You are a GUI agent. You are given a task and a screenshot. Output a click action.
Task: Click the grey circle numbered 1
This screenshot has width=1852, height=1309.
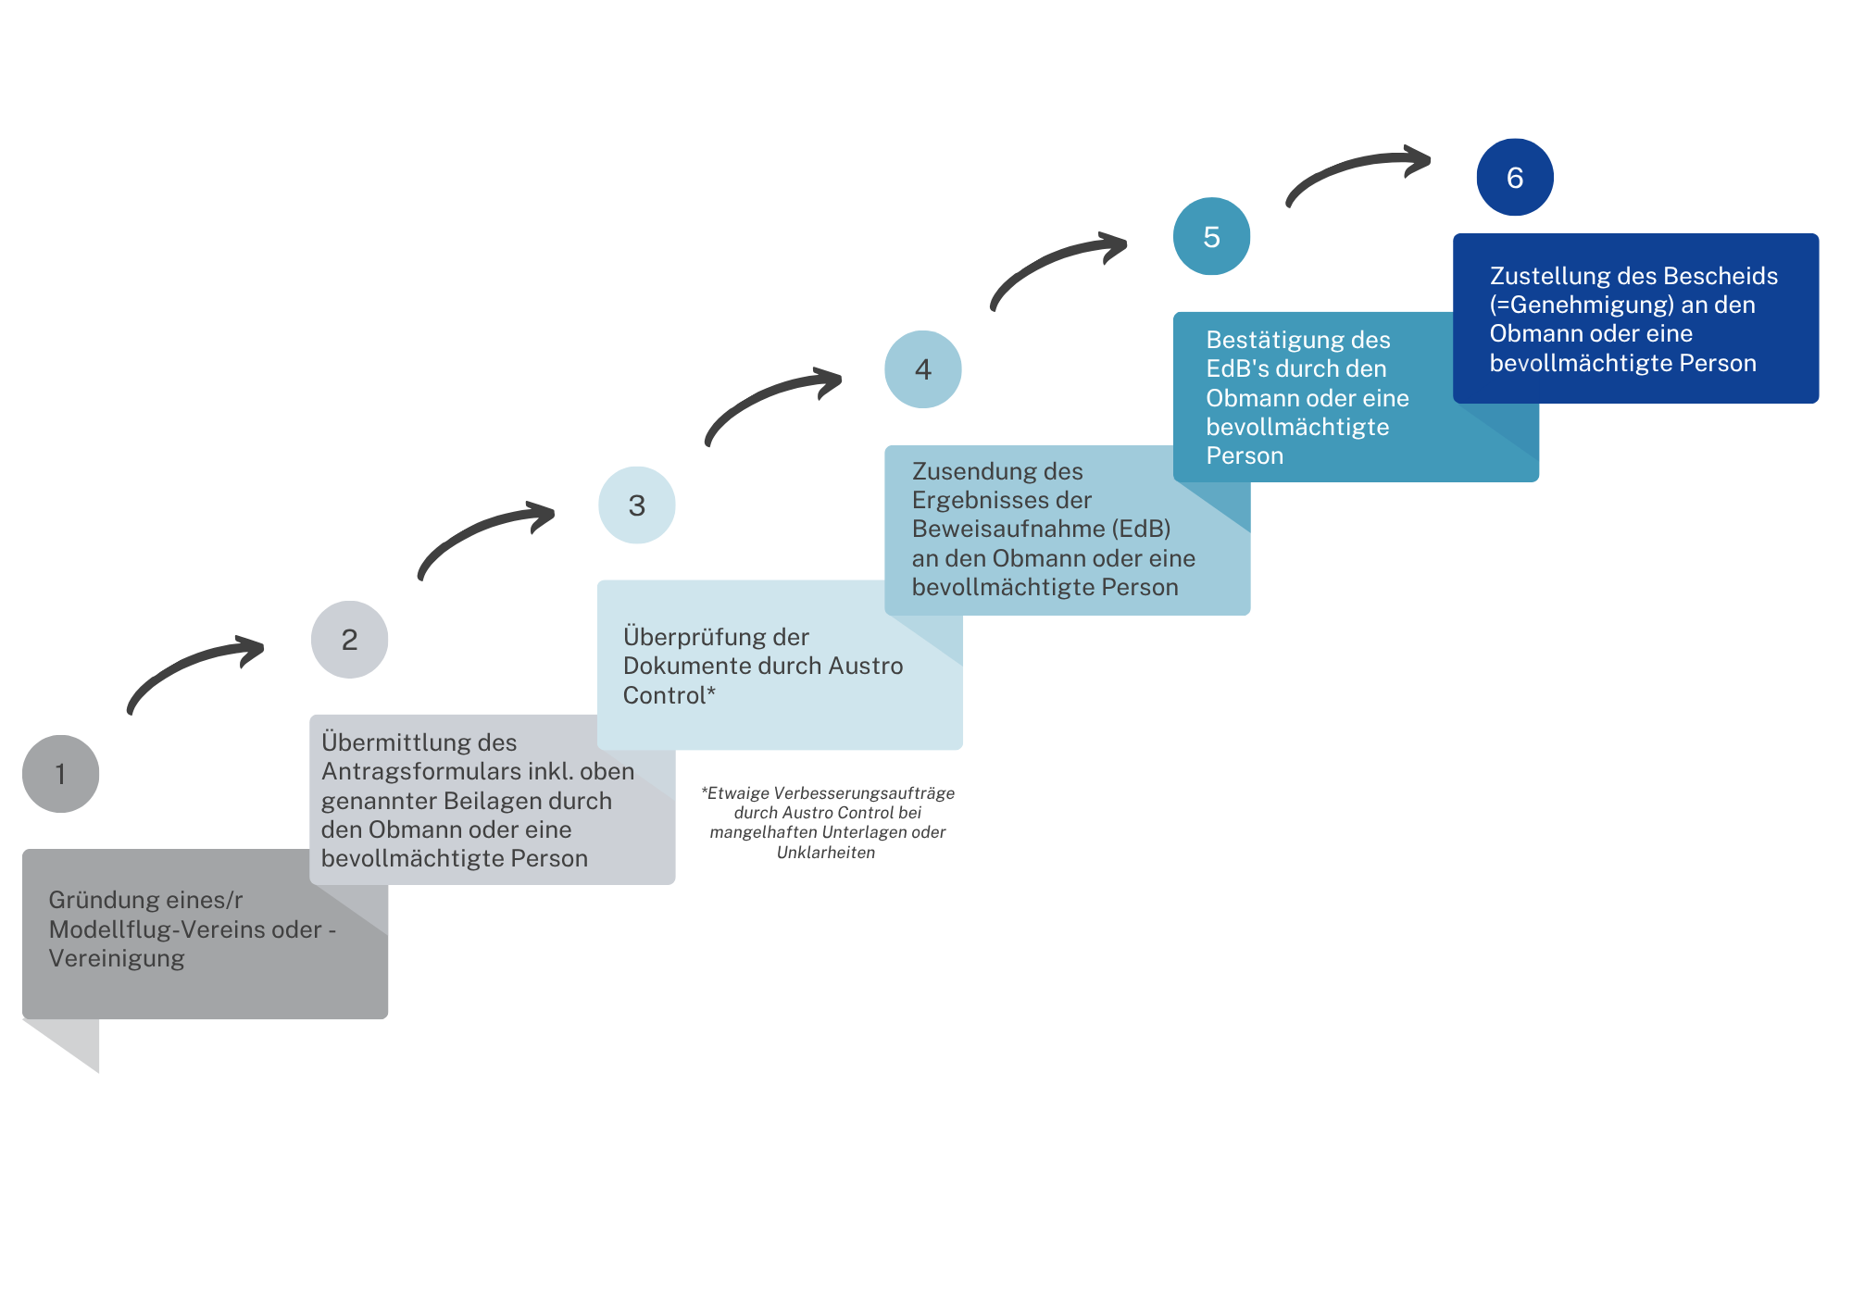(61, 774)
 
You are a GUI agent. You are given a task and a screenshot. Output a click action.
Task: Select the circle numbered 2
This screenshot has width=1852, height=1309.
(349, 640)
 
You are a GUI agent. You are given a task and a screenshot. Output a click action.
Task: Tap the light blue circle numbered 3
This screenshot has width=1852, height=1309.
(637, 505)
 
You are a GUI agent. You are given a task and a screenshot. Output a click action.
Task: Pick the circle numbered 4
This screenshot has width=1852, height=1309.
(923, 369)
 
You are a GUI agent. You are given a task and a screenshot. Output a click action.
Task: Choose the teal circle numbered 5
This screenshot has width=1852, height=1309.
(1212, 236)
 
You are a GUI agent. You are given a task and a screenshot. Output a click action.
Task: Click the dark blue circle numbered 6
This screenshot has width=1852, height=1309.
(1515, 177)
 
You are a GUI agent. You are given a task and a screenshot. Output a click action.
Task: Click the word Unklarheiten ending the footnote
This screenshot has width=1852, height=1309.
(826, 853)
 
